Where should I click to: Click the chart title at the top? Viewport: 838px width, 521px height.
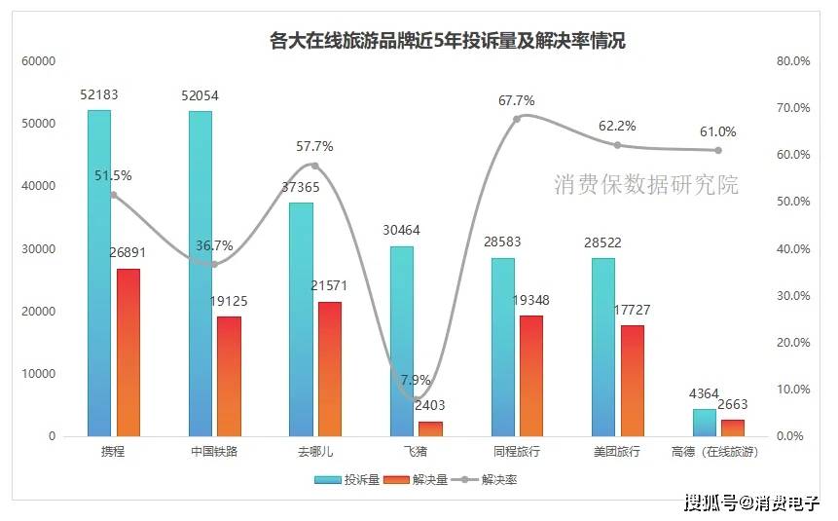point(447,41)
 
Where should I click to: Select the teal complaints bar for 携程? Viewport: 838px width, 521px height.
point(99,273)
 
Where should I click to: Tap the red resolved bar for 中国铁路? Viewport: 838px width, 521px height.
point(229,376)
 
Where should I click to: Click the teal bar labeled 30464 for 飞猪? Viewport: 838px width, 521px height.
point(402,341)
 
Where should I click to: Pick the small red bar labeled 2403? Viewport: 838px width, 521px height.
point(430,428)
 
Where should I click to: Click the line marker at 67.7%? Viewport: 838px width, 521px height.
point(517,118)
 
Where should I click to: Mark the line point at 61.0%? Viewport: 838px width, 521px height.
point(718,150)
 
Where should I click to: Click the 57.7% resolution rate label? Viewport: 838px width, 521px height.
point(314,147)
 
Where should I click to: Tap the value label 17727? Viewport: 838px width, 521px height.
point(633,310)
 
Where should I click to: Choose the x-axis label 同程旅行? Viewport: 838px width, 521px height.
point(517,452)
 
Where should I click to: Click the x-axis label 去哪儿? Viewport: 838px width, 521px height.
point(314,452)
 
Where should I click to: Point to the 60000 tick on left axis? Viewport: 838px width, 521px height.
point(39,61)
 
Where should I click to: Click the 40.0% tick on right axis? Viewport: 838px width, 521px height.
point(792,249)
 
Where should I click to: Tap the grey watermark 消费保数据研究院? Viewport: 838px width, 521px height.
point(646,185)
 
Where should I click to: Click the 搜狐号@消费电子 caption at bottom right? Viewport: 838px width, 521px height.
point(751,502)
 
